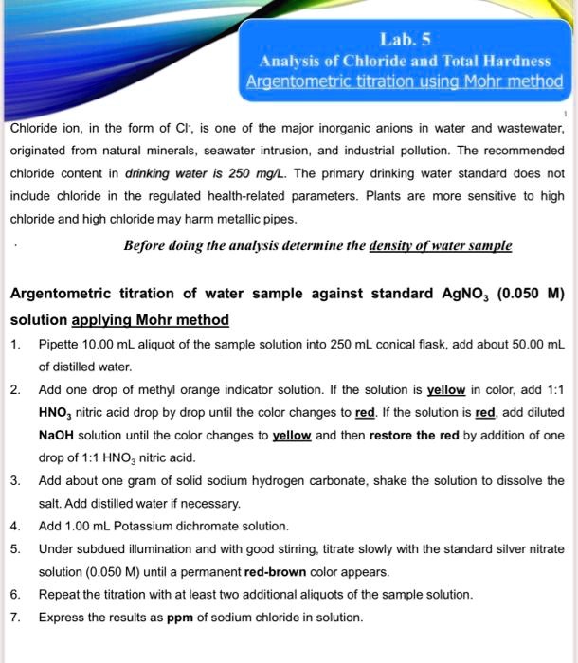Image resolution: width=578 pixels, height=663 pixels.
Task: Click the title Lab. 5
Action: point(405,40)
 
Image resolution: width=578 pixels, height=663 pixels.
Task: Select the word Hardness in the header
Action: point(513,61)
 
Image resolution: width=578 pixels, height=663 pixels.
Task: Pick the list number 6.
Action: point(14,594)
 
